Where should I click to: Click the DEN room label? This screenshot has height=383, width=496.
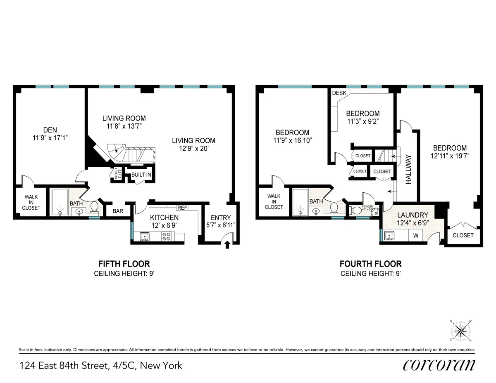[x=50, y=130]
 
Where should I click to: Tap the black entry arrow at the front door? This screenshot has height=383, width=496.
[x=227, y=245]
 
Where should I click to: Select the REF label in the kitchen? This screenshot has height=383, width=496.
[x=182, y=208]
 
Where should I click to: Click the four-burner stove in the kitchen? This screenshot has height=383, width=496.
[x=166, y=236]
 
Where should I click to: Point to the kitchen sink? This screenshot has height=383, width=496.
[x=145, y=236]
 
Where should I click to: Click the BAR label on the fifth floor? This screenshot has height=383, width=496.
[x=118, y=210]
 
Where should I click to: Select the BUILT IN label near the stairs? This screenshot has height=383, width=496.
[x=141, y=175]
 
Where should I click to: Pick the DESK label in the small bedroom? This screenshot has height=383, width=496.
[x=339, y=93]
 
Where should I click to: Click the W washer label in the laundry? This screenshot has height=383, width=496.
[x=415, y=236]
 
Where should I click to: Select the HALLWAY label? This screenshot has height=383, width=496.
[x=409, y=169]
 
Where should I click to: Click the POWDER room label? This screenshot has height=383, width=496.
[x=367, y=206]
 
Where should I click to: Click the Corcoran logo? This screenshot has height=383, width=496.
[x=438, y=365]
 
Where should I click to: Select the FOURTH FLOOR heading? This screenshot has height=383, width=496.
[x=370, y=264]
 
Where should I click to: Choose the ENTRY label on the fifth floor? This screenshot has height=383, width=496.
[x=221, y=218]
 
